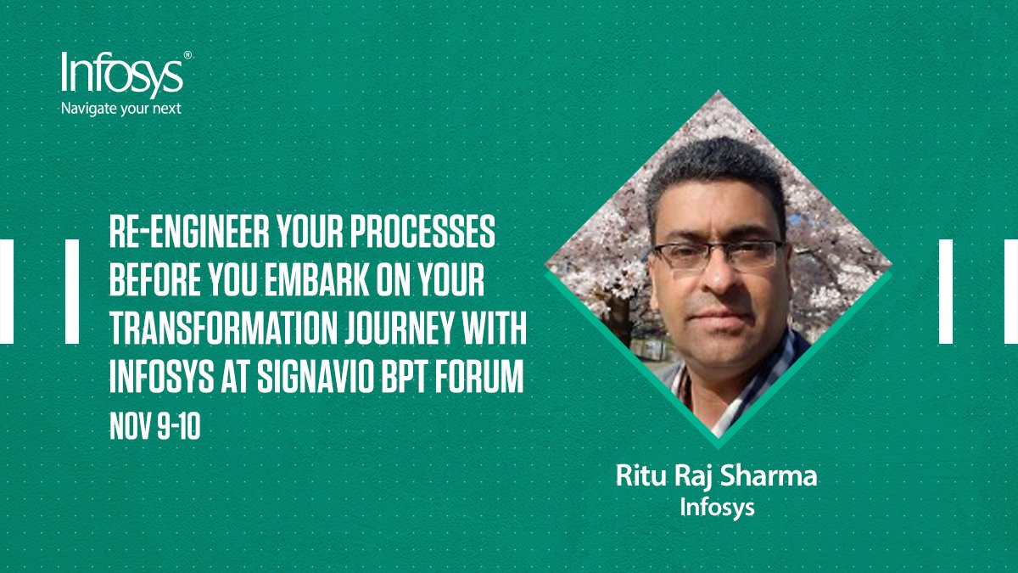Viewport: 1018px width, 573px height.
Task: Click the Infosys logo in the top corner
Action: (x=120, y=74)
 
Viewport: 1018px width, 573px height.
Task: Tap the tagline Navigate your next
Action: (x=120, y=109)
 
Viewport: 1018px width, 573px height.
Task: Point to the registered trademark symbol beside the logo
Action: (x=187, y=54)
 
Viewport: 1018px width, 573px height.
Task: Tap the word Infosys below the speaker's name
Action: (x=717, y=508)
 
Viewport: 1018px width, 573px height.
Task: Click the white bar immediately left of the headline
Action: (x=72, y=291)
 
